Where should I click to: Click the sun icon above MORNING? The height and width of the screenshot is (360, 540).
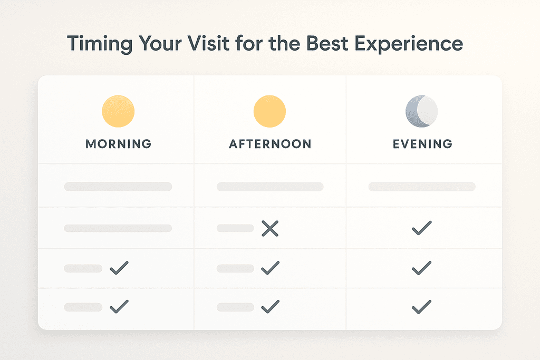coord(118,112)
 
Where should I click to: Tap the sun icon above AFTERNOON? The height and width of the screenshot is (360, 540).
coord(269,112)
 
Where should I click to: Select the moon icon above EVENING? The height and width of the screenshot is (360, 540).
coord(421,112)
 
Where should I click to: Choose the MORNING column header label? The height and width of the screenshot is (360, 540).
coord(118,144)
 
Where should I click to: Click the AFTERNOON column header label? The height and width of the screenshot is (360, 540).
coord(270,144)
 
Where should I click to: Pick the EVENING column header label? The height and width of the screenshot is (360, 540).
coord(422,144)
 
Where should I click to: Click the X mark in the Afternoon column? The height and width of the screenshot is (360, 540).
coord(270,228)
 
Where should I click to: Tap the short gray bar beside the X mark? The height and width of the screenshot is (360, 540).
coord(235,228)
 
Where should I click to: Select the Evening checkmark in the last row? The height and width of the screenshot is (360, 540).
coord(422,306)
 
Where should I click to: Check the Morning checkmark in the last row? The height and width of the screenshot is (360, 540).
coord(119,306)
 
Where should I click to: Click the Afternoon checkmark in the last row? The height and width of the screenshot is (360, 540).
coord(270,306)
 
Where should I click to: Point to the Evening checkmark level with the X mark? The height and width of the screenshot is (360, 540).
coord(422,228)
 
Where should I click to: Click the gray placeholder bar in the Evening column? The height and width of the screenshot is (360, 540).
coord(422,187)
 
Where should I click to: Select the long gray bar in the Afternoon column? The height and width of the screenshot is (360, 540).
coord(270,187)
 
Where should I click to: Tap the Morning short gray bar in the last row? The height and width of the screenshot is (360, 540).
coord(83,307)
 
